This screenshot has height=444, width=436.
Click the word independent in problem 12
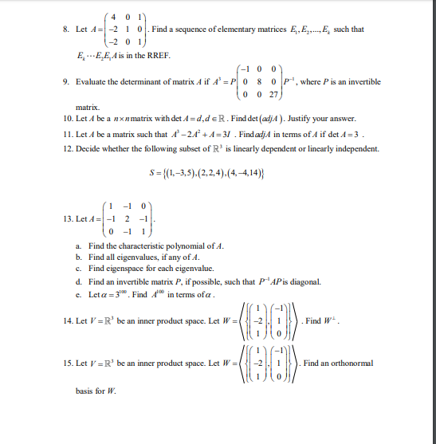point(355,149)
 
